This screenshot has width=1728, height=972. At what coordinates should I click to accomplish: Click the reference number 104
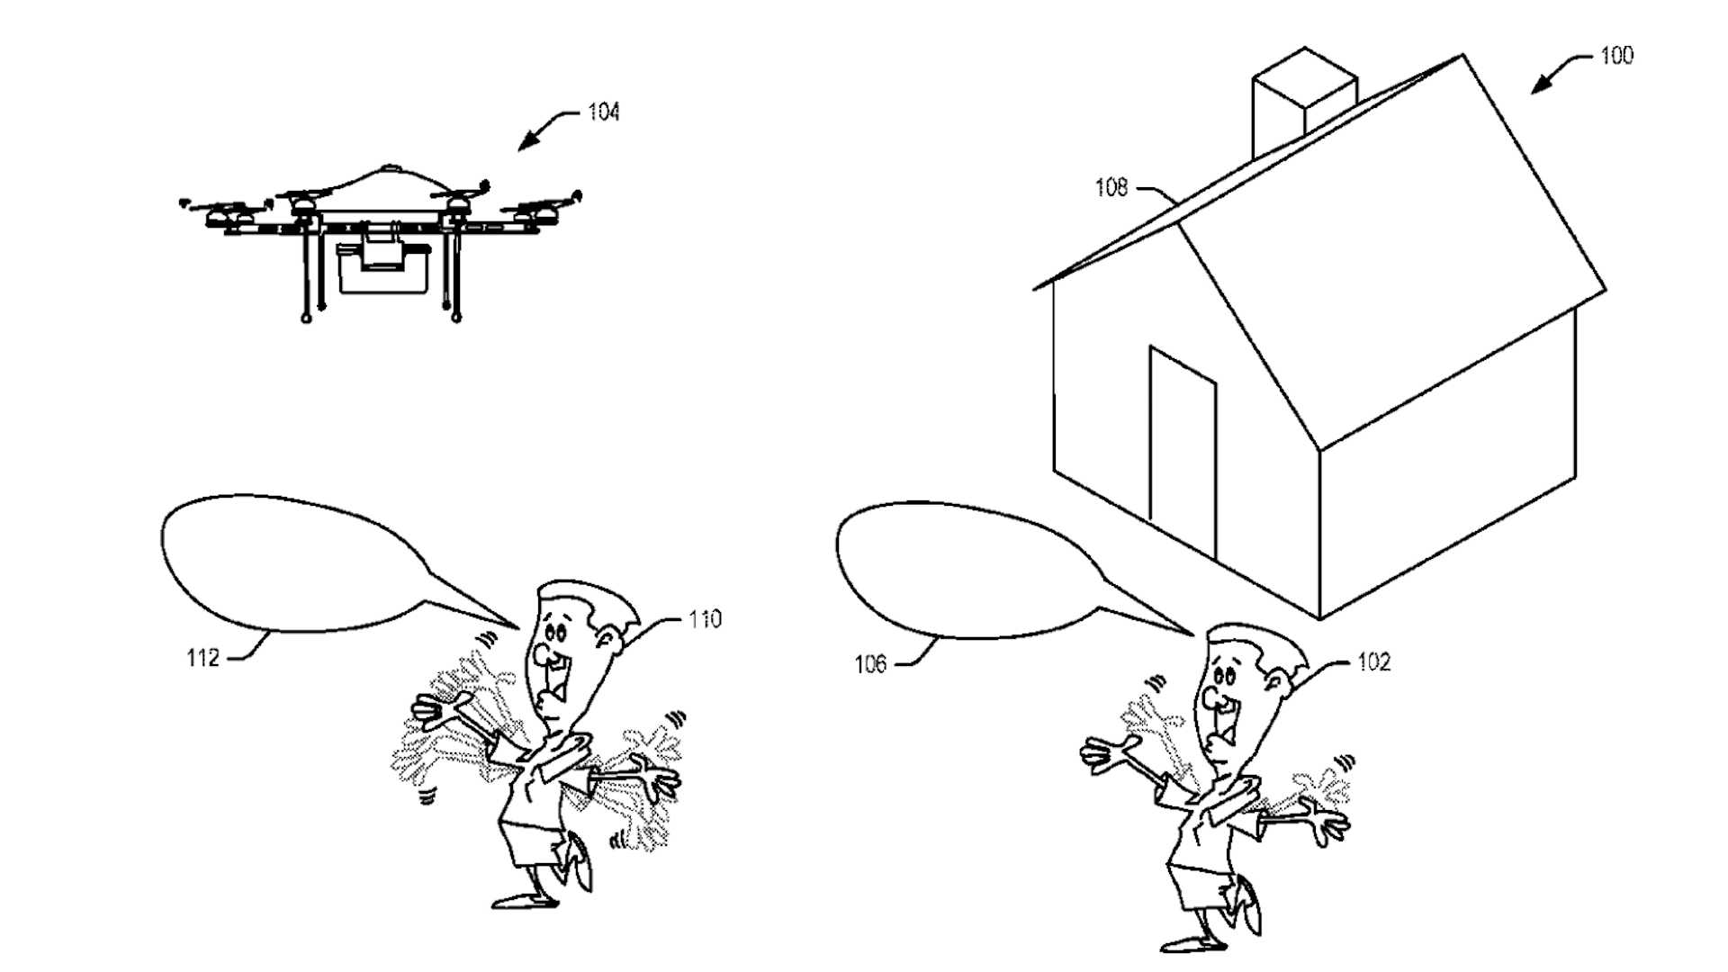(x=604, y=112)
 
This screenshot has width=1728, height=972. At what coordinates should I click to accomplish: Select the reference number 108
(x=1111, y=187)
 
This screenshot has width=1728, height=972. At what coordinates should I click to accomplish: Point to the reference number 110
(x=705, y=619)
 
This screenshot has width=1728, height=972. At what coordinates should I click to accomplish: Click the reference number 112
(x=202, y=658)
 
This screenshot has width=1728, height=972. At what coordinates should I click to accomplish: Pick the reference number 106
(x=870, y=664)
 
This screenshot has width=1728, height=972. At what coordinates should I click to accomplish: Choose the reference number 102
(x=1373, y=662)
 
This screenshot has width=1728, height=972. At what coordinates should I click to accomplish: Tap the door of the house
(x=1183, y=450)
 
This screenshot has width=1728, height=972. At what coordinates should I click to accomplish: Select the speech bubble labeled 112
(x=288, y=562)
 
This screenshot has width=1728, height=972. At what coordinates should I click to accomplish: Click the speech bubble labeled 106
(x=963, y=571)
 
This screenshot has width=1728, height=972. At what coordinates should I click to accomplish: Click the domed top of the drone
(x=388, y=184)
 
